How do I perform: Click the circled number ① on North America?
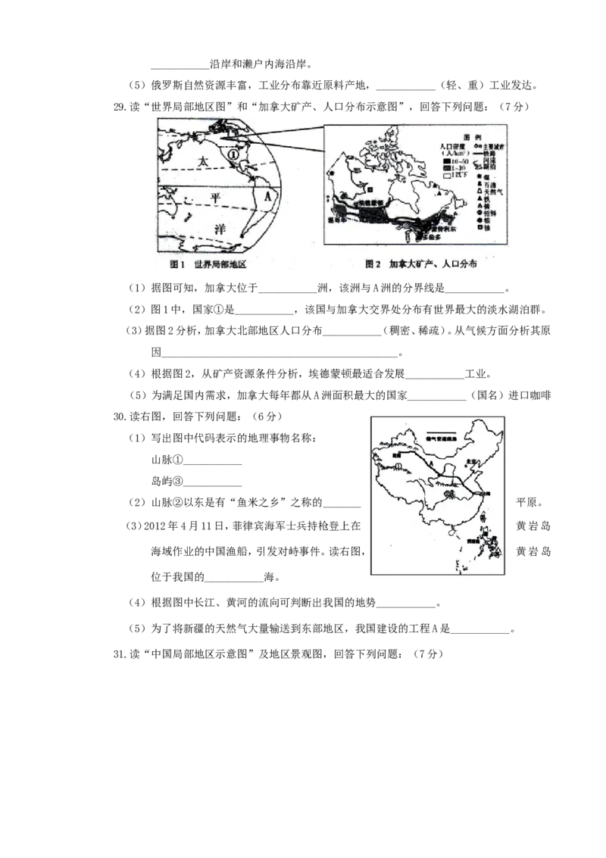tap(234, 154)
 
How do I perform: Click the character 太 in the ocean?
tap(201, 161)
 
